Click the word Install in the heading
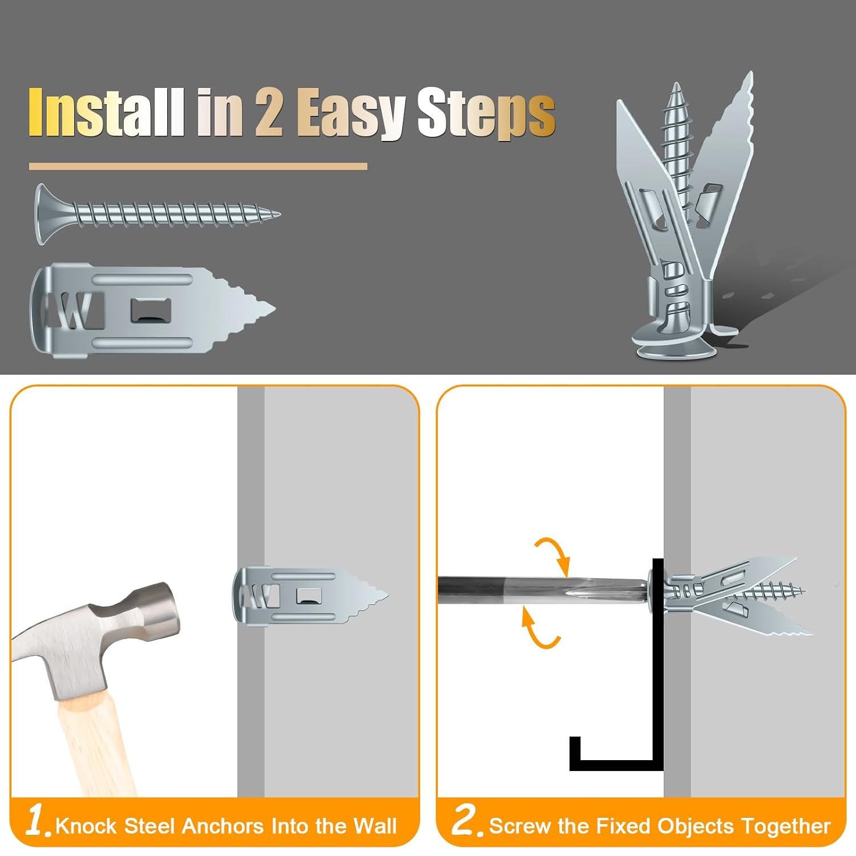coord(106,112)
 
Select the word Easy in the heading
coord(351,113)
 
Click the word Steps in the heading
coord(486,113)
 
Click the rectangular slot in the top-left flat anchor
coord(150,310)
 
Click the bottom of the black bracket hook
coord(616,765)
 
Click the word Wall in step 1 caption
coord(374,826)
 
